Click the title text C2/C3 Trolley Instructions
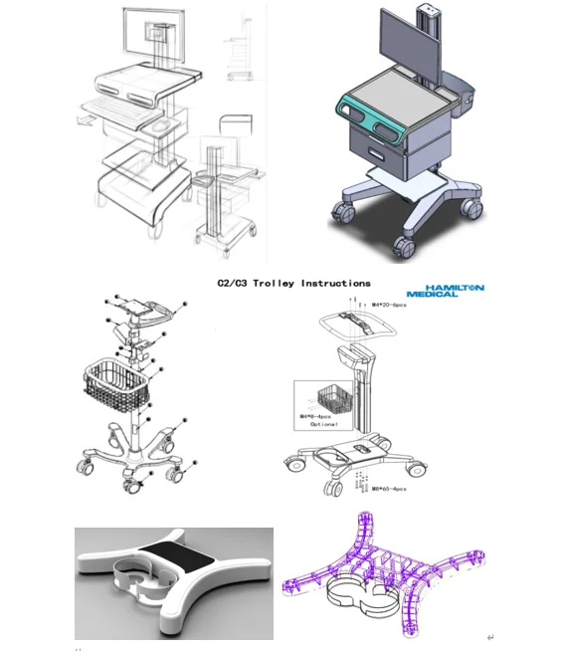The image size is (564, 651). coord(293,283)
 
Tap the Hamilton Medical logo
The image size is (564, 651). coord(446,289)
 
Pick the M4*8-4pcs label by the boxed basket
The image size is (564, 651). coord(319,416)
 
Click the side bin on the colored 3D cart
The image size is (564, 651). coord(461,99)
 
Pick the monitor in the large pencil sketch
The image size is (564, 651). coord(148,35)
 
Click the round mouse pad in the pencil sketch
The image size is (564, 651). coord(161,127)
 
